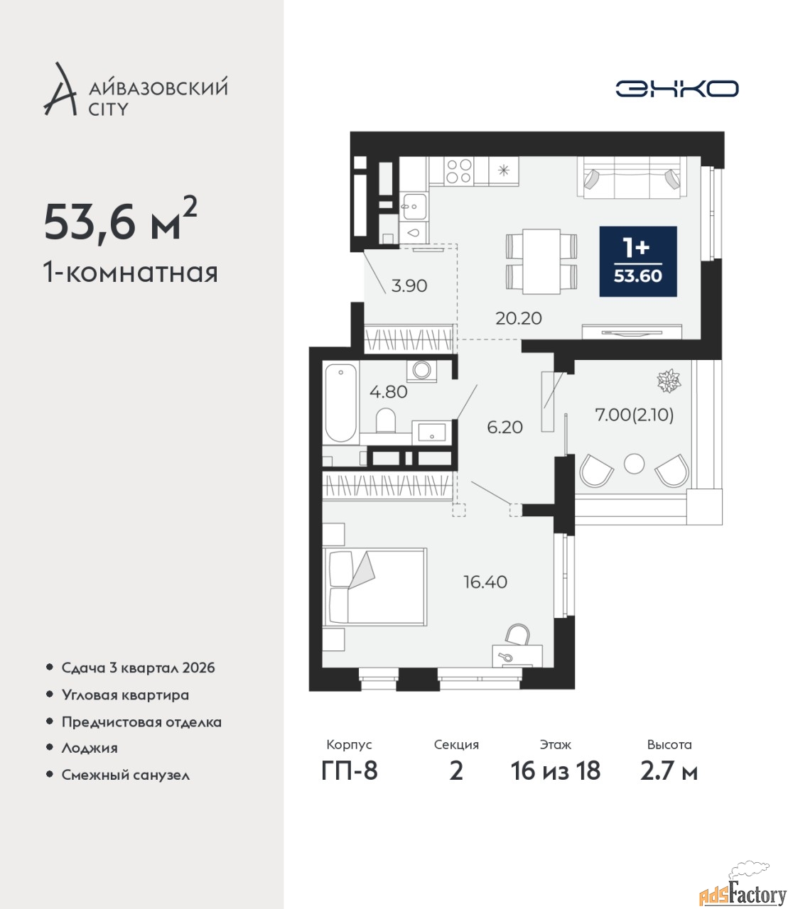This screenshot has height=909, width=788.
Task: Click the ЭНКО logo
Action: point(676,88)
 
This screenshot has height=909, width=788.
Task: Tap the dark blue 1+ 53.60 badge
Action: point(638,261)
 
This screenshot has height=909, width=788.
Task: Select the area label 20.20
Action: point(519,318)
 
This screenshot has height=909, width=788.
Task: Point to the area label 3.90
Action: point(409,286)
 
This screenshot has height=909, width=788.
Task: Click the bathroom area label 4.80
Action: point(389,391)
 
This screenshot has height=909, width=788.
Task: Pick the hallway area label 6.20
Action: point(504,427)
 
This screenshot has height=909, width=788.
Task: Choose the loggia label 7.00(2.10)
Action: point(634,415)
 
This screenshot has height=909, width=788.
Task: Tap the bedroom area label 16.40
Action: point(485,582)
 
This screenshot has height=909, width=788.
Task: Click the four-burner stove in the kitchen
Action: point(458,171)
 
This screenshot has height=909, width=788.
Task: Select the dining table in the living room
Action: point(541,261)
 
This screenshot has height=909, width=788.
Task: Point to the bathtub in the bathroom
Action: point(341,403)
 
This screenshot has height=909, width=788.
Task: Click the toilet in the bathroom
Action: point(386,420)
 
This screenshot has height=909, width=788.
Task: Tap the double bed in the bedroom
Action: point(374,587)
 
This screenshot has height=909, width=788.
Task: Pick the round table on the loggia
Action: point(634,463)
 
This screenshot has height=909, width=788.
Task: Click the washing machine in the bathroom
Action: point(421,370)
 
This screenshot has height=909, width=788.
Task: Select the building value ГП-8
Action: point(350,771)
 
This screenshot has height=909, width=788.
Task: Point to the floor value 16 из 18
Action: point(555,771)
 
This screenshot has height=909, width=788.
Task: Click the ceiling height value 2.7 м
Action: point(669,771)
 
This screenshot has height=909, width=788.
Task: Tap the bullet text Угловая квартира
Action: point(125,695)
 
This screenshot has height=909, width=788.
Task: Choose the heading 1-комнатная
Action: point(131,273)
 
